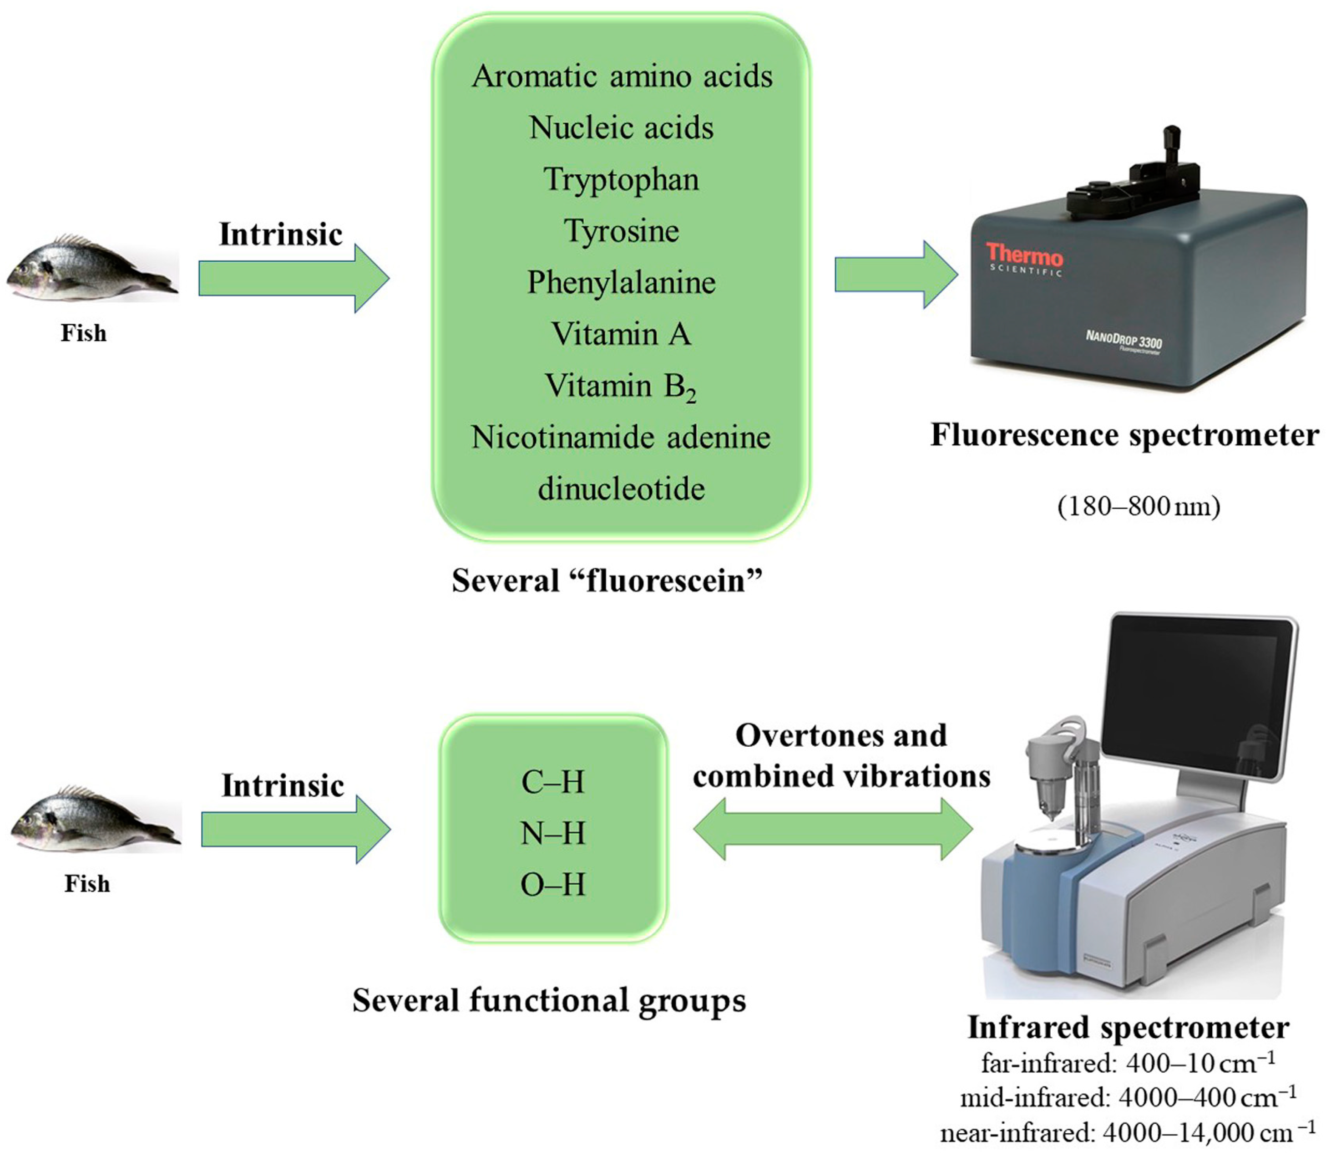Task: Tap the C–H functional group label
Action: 553,782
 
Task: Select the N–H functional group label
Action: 553,833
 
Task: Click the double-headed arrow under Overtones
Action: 833,829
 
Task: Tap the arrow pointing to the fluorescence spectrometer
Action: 896,274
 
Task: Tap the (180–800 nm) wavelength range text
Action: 1139,506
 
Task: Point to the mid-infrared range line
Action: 1128,1097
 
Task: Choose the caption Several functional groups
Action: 549,1000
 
